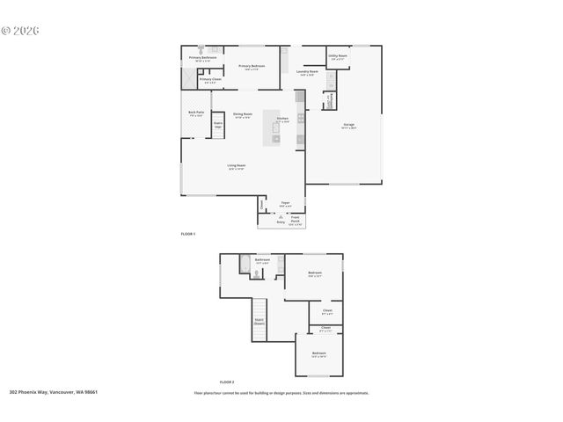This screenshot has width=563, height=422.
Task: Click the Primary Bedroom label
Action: tap(252, 66)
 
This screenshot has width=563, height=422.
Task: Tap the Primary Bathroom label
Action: tap(202, 59)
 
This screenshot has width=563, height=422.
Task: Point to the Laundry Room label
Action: tap(307, 72)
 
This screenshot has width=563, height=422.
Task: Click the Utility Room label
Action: tap(339, 56)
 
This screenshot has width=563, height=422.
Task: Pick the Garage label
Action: tap(349, 125)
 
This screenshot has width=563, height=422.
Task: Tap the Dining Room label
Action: tap(242, 114)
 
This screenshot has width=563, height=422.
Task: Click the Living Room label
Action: tap(236, 165)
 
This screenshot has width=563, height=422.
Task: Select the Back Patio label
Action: tap(195, 113)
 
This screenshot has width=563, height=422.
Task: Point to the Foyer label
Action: tap(285, 203)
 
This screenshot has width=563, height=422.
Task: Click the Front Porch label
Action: tap(295, 221)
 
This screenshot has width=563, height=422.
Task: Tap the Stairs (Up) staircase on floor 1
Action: tap(218, 125)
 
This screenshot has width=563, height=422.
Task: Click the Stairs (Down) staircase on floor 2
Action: tap(260, 323)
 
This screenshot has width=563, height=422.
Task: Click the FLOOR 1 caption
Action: tap(187, 234)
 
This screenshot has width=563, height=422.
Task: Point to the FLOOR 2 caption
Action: tap(226, 382)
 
